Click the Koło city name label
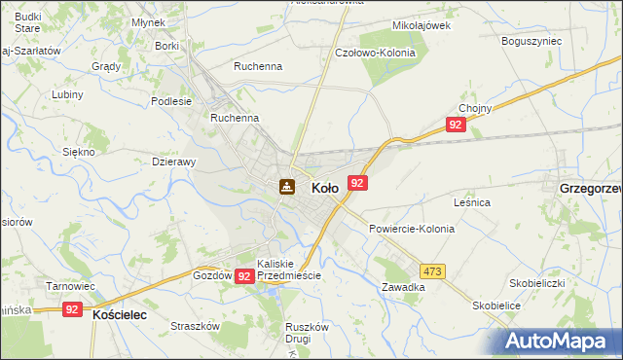(324, 188)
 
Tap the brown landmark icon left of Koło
(287, 186)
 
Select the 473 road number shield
(433, 271)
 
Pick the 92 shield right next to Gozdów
(244, 276)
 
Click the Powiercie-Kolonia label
(412, 229)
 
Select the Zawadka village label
(403, 288)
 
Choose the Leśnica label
(471, 202)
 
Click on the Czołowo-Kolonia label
(375, 53)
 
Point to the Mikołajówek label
(421, 24)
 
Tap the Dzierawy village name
(175, 162)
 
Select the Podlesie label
(171, 100)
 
